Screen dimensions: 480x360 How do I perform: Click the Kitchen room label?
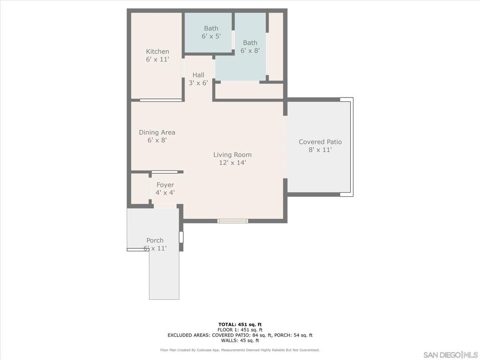click(157, 52)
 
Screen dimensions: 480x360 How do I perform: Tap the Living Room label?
click(232, 155)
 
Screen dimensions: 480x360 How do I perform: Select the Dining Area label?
click(157, 133)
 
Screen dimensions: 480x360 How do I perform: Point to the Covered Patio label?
click(320, 142)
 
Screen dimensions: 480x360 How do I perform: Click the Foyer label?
click(165, 185)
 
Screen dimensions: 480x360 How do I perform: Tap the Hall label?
click(198, 75)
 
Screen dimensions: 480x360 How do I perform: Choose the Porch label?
click(155, 240)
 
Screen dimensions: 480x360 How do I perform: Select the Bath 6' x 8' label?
click(250, 46)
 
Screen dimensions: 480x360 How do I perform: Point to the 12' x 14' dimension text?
click(232, 163)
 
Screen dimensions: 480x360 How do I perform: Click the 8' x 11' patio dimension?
click(320, 150)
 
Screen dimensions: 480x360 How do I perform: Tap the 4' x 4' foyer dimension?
click(165, 193)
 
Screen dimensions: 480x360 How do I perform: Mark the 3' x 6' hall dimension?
click(198, 82)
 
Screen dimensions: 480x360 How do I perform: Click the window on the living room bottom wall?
click(232, 221)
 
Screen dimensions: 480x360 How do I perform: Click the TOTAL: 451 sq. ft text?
click(240, 324)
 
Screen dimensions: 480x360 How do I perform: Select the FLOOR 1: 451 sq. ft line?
click(240, 330)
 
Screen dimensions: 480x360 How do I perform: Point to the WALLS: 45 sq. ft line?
click(240, 340)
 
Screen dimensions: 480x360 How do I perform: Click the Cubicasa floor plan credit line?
click(240, 350)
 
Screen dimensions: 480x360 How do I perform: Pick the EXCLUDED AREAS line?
click(240, 335)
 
